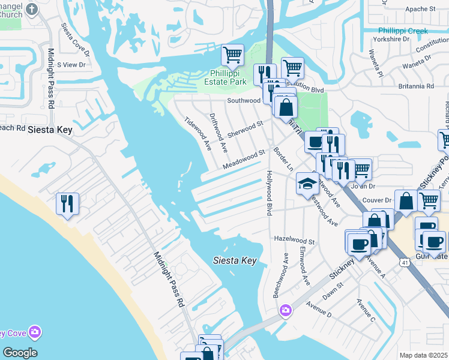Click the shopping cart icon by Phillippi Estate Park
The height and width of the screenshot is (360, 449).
(232, 55)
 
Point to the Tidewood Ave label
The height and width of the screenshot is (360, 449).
(199, 133)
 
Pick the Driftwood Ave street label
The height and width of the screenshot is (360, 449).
(218, 131)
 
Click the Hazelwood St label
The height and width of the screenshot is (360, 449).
(294, 239)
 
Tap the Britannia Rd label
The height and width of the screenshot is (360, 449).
(415, 86)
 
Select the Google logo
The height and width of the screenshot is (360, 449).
(20, 353)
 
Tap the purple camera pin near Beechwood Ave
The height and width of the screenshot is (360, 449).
(285, 310)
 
